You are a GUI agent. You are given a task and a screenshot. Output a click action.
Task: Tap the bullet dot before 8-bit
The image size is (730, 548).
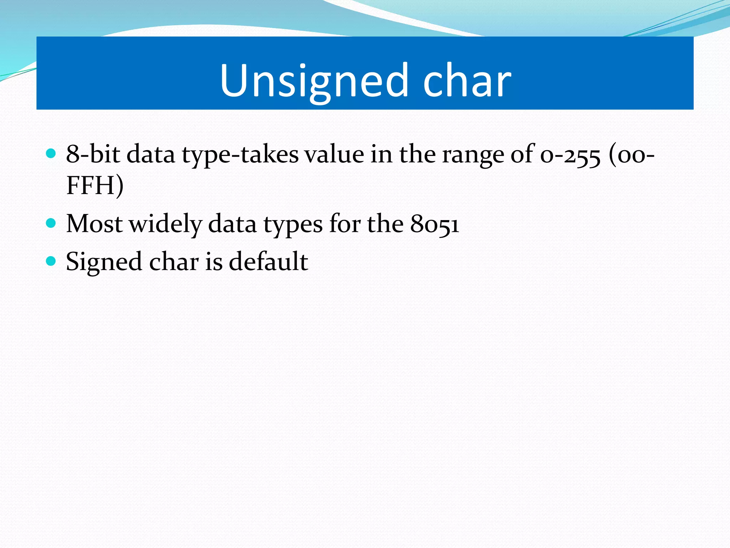pyautogui.click(x=51, y=153)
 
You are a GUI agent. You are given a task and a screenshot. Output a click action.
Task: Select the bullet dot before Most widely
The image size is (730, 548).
pyautogui.click(x=51, y=223)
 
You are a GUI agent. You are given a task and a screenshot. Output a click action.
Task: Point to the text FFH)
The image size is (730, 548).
pyautogui.click(x=95, y=185)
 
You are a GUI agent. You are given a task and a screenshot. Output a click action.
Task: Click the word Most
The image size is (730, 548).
pyautogui.click(x=94, y=224)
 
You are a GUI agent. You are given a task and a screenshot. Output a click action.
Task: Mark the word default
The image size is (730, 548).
pyautogui.click(x=268, y=262)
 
